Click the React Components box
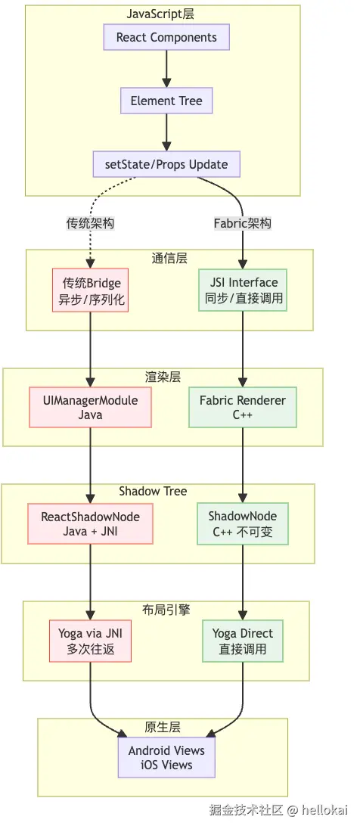point(166,38)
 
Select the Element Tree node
point(166,101)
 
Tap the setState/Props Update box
point(166,164)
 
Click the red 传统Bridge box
point(91,290)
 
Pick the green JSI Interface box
point(244,290)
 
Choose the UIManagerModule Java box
point(91,407)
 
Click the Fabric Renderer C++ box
point(243,407)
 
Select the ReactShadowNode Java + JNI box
point(91,523)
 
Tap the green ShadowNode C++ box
point(243,523)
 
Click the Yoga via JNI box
point(91,640)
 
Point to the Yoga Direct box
point(243,640)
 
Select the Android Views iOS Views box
point(166,757)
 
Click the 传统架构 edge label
point(91,224)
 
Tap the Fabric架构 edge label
point(243,224)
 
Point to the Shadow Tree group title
point(153,491)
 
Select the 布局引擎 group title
point(166,610)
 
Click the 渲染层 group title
point(163,377)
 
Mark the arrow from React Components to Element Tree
point(166,70)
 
